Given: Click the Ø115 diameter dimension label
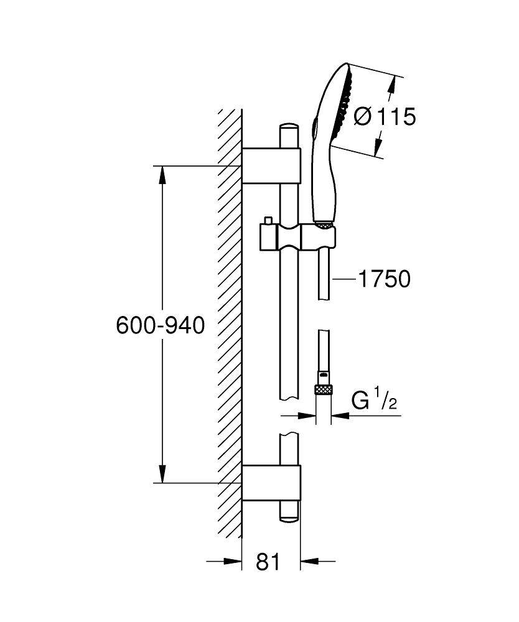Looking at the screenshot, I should tap(384, 116).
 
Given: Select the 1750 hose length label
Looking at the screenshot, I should tap(383, 279).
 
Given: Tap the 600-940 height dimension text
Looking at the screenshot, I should tap(160, 325).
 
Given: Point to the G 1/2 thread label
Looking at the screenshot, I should tap(374, 401).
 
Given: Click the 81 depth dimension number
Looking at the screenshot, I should tap(268, 562).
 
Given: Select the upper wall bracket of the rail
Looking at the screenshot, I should tap(271, 166).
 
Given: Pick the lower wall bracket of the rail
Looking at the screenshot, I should tap(271, 483).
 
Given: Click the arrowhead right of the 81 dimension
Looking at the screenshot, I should tap(308, 562).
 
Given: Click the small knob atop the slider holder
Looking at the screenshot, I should tap(268, 221).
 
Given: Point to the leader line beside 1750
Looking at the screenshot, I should tap(344, 280).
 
